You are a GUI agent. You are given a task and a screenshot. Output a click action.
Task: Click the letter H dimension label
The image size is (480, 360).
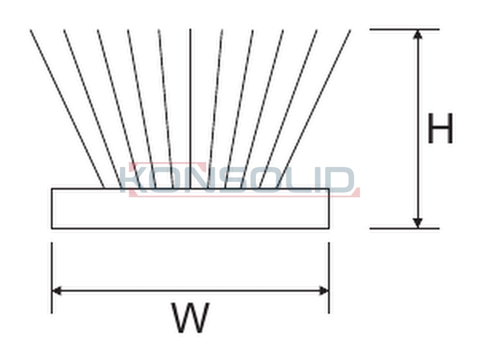pyautogui.click(x=440, y=128)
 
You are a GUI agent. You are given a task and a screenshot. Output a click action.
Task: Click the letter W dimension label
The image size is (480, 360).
pyautogui.click(x=190, y=317)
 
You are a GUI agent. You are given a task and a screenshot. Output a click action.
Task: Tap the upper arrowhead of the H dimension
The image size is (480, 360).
pyautogui.click(x=418, y=34)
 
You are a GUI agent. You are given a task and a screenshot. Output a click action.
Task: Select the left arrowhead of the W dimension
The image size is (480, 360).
pyautogui.click(x=57, y=291)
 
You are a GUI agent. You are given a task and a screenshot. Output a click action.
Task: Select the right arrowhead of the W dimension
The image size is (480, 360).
pyautogui.click(x=324, y=291)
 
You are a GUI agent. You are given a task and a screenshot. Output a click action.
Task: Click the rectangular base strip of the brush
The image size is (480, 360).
pyautogui.click(x=190, y=209)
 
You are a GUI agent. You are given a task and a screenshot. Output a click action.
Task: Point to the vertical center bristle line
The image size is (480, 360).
pyautogui.click(x=190, y=109)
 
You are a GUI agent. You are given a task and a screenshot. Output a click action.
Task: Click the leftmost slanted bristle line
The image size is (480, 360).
pyautogui.click(x=67, y=109)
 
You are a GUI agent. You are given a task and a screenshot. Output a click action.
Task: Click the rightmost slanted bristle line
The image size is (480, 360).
pyautogui.click(x=314, y=109)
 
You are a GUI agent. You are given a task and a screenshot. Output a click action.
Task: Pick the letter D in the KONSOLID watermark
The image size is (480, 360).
pyautogui.click(x=340, y=179)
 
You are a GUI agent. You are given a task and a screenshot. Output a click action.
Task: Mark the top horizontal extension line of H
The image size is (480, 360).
pyautogui.click(x=405, y=29)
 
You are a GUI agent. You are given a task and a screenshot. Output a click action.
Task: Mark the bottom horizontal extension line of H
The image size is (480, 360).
pyautogui.click(x=405, y=228)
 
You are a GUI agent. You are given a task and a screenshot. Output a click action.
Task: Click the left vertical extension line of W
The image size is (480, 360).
pyautogui.click(x=52, y=278)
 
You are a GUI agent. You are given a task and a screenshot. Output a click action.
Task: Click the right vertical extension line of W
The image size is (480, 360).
pyautogui.click(x=329, y=278)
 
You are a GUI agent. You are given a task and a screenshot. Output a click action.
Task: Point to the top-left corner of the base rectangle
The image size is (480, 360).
pyautogui.click(x=51, y=189)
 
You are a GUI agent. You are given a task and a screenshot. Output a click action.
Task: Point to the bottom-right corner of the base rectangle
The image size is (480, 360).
pyautogui.click(x=330, y=229)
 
